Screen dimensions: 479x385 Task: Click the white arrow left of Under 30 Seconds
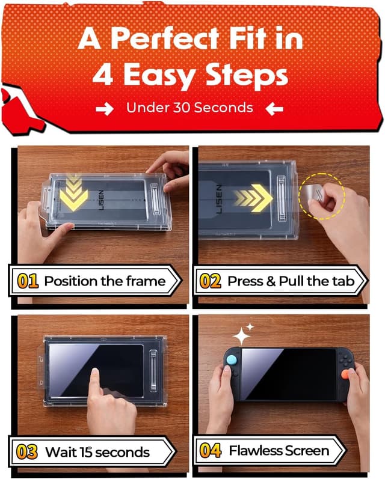pyautogui.click(x=105, y=108)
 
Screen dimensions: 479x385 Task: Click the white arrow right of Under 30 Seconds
pyautogui.click(x=274, y=108)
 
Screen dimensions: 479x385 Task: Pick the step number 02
pyautogui.click(x=210, y=281)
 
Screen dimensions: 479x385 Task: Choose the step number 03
pyautogui.click(x=26, y=451)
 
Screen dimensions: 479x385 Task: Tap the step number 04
pyautogui.click(x=210, y=451)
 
